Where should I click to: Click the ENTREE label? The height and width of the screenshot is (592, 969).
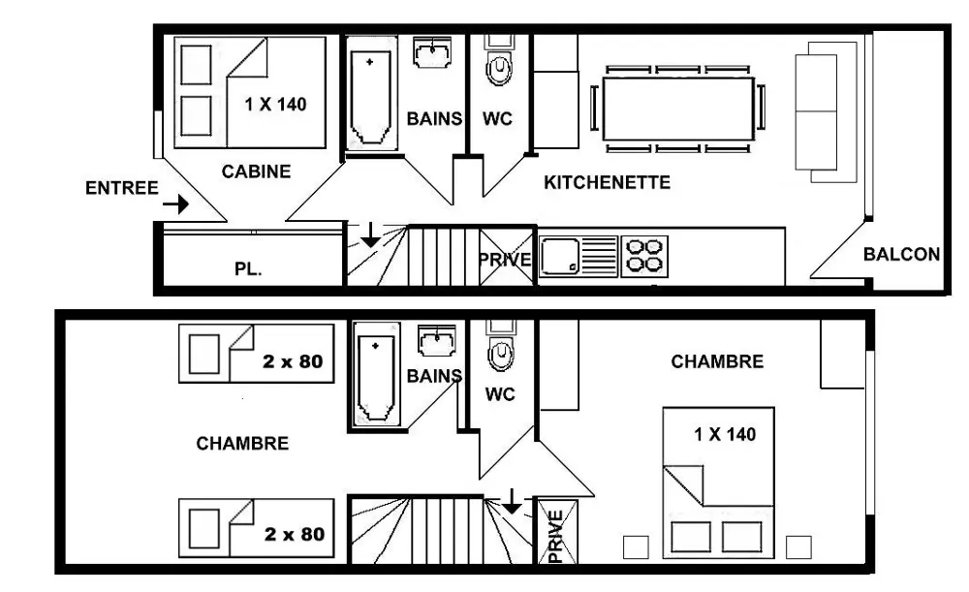(x=122, y=188)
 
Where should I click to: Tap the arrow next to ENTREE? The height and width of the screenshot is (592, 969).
(x=176, y=203)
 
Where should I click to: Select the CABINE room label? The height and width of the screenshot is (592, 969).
(x=256, y=171)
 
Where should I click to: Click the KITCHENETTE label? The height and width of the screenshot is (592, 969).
(x=607, y=182)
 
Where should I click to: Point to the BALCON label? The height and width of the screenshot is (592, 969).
(x=901, y=254)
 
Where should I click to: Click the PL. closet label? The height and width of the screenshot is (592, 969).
(x=248, y=269)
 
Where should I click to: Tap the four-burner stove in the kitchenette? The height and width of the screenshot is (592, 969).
(x=644, y=257)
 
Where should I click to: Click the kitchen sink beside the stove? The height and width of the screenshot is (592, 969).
(x=578, y=257)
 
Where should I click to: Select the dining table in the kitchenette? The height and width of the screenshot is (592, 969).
(x=678, y=109)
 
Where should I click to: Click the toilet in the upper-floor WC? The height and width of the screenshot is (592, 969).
(x=499, y=61)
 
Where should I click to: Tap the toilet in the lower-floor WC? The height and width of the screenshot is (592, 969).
(x=500, y=346)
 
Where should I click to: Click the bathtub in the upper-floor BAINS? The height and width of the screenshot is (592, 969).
(x=371, y=93)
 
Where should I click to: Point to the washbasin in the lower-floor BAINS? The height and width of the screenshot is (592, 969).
(x=438, y=340)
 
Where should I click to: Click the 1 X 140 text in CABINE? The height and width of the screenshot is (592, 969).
(x=275, y=104)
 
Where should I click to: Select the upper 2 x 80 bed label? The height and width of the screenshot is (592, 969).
(x=293, y=361)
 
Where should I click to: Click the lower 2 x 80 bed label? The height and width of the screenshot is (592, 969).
(x=295, y=534)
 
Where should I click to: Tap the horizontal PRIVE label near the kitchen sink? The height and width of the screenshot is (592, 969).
(x=506, y=260)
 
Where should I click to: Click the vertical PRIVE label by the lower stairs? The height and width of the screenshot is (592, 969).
(x=555, y=536)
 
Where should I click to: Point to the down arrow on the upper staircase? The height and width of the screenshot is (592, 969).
(x=370, y=234)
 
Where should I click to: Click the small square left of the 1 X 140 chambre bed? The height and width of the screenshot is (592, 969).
(x=636, y=547)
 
